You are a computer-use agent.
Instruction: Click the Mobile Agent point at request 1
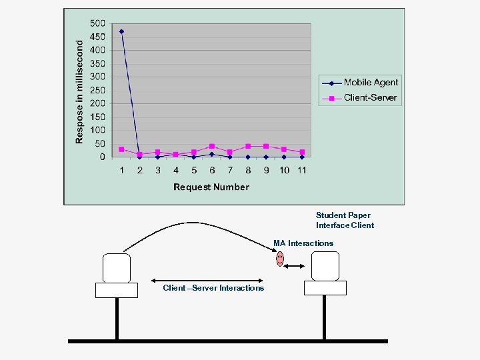pos(121,31)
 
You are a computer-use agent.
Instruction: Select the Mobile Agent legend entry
pos(371,83)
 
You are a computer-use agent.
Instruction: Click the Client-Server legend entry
pos(370,98)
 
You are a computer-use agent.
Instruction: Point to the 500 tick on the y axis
pos(97,23)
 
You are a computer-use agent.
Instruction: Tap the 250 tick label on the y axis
pos(97,90)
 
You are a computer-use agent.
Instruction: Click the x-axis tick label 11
pos(302,171)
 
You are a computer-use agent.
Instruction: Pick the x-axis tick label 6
pos(212,171)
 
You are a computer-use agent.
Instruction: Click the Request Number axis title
pos(211,187)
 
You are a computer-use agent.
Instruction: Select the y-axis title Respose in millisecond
pos(79,91)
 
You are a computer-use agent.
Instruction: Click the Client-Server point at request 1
pos(121,149)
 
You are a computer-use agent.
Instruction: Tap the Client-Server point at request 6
pos(212,147)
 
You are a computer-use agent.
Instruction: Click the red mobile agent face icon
pos(280,258)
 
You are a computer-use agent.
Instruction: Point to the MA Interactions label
pos(303,243)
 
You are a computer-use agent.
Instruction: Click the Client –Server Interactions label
pos(213,288)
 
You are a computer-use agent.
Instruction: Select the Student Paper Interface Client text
pos(345,220)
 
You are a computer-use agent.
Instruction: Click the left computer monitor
pos(116,268)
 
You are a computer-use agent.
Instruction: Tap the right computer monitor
pos(325,265)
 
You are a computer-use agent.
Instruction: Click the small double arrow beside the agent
pos(294,267)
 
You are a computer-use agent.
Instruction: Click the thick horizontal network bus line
pos(227,341)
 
